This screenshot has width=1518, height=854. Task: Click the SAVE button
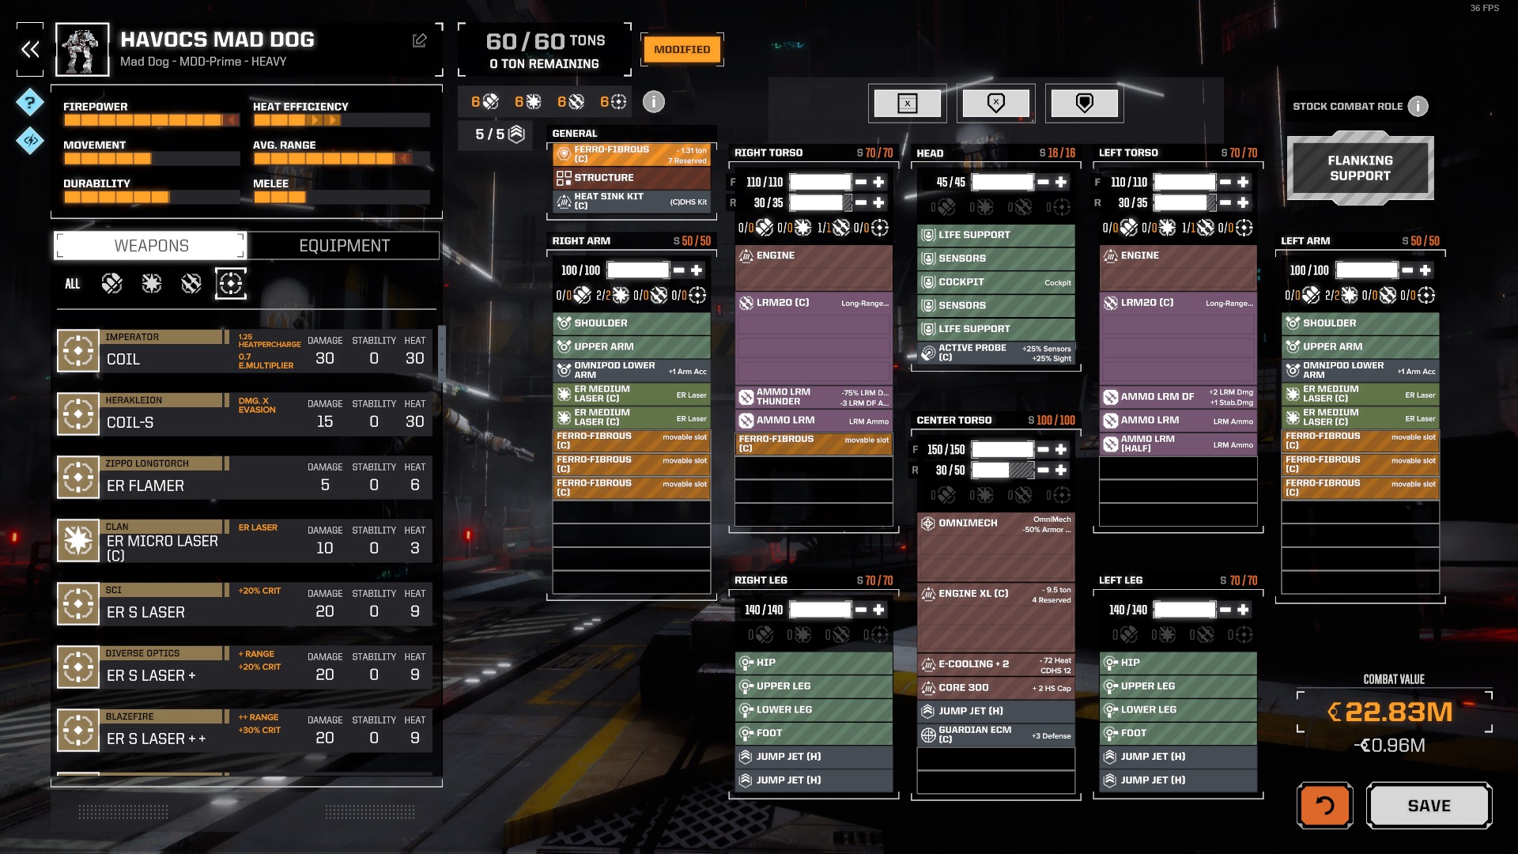[x=1429, y=806]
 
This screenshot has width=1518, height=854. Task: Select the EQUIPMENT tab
[x=344, y=246]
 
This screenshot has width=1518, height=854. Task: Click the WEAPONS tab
[x=151, y=246]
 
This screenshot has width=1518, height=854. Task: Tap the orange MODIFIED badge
[x=682, y=49]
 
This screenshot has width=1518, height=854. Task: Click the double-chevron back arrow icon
[x=30, y=50]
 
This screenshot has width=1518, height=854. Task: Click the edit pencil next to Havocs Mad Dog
[x=420, y=40]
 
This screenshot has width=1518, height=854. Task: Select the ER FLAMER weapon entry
[x=145, y=486]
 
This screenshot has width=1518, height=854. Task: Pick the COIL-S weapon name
[x=130, y=422]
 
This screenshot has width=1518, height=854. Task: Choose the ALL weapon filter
[x=72, y=284]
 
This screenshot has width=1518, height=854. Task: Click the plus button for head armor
[x=1061, y=182]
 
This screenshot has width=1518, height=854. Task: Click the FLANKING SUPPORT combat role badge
[x=1360, y=168]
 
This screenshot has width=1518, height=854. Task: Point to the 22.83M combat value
[x=1398, y=712]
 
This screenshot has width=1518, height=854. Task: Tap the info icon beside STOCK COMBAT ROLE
[x=1418, y=106]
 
